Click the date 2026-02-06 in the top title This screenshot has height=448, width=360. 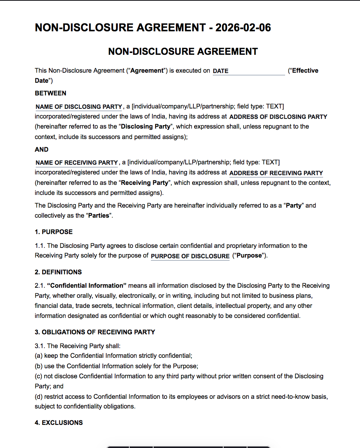pos(243,28)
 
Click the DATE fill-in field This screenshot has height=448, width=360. pos(248,71)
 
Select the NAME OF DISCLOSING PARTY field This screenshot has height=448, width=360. pos(79,107)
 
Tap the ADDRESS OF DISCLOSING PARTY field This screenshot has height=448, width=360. pos(278,117)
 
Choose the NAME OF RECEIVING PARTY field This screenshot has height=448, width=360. pos(77,163)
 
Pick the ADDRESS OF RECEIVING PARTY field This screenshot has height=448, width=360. pos(276,173)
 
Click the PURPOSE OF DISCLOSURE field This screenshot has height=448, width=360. pos(190,256)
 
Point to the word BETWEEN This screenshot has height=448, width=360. pos(51,93)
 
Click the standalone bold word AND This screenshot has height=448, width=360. pos(42,149)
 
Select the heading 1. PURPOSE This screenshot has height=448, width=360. pos(54,232)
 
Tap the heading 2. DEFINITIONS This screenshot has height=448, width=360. pos(58,272)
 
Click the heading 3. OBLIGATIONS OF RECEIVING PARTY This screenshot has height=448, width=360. pos(95,332)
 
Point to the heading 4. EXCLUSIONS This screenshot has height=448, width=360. pos(59,423)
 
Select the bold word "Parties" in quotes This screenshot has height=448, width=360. pos(99,215)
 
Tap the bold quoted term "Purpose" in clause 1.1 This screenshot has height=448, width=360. pos(249,256)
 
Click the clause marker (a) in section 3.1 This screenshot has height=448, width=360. pos(39,356)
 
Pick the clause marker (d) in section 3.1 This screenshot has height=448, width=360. pos(39,397)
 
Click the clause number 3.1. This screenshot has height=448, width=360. pos(40,346)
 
